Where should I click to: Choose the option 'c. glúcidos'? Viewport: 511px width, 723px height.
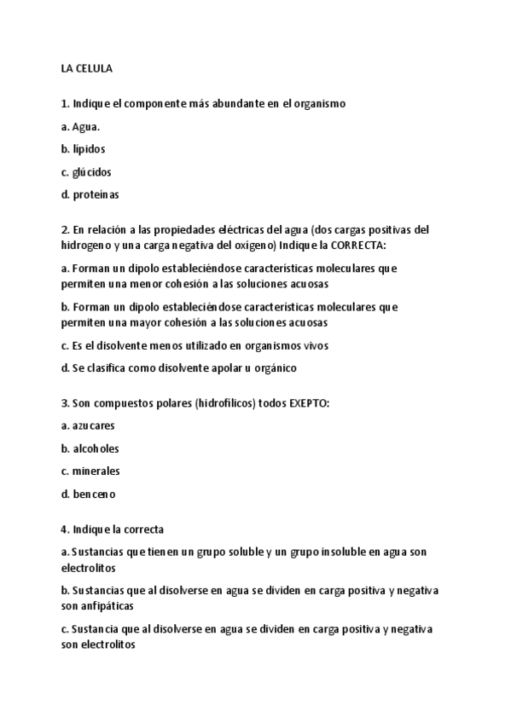coord(86,171)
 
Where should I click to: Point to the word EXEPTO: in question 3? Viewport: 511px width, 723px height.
coord(304,402)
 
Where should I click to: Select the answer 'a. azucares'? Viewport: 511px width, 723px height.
coord(88,425)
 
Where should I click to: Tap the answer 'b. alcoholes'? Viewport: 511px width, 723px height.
coord(90,448)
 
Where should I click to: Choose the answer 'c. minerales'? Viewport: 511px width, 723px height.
coord(90,471)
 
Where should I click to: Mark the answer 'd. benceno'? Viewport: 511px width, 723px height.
coord(88,494)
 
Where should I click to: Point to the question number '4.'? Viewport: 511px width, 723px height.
coord(66,529)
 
